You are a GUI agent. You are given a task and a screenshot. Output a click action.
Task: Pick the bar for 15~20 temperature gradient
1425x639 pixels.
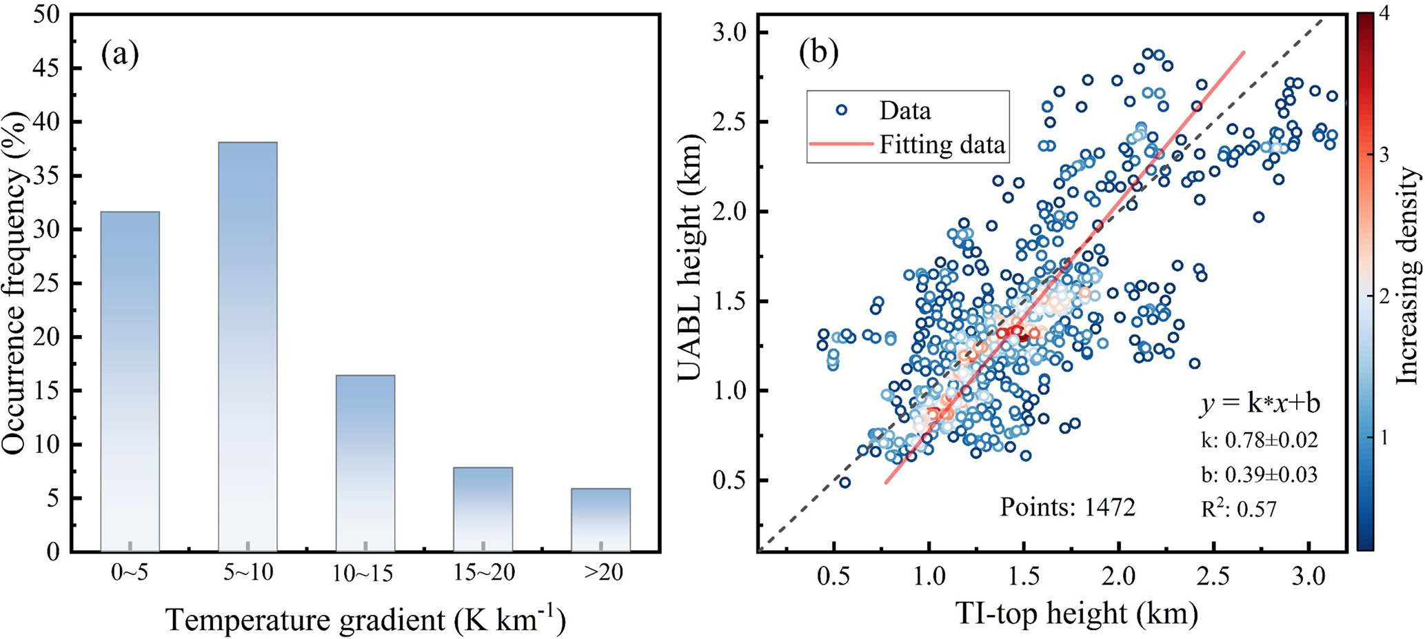tap(483, 509)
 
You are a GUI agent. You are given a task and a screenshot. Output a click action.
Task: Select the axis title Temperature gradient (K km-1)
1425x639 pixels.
tap(365, 619)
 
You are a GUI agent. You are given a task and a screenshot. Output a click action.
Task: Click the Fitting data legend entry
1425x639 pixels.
tap(941, 145)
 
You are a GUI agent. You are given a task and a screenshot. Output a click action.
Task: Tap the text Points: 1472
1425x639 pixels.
tap(1067, 507)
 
